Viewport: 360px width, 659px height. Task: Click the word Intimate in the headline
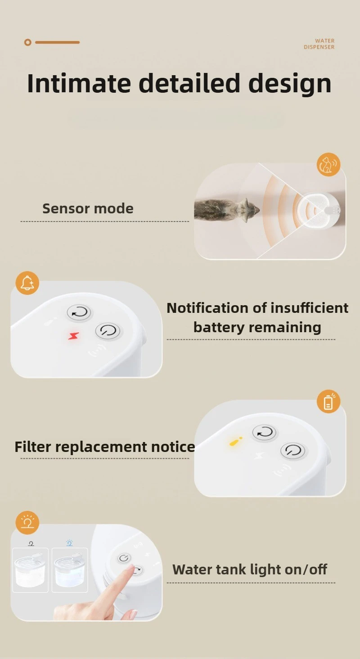[x=79, y=84]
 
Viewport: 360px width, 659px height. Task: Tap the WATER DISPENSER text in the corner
[x=319, y=44]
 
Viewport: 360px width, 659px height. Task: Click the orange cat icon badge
[x=328, y=165]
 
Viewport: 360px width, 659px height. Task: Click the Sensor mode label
[x=88, y=208]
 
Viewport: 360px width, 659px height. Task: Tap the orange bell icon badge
[x=27, y=283]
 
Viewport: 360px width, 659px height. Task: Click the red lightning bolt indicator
[x=73, y=336]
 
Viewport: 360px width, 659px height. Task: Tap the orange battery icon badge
[x=328, y=402]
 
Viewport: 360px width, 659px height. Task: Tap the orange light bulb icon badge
[x=27, y=523]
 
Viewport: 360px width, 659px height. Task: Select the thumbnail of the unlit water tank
[x=30, y=569]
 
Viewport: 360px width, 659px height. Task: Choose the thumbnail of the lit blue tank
[x=69, y=569]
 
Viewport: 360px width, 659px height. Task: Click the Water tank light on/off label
[x=250, y=569]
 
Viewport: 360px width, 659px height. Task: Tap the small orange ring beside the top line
[x=28, y=42]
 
